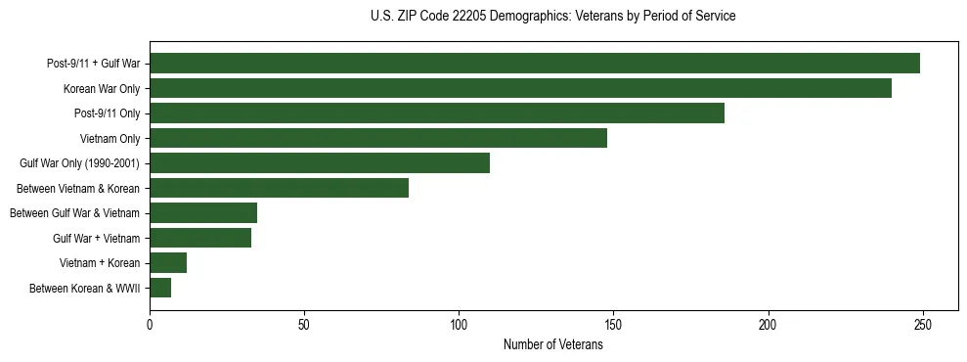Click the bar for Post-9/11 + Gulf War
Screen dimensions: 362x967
[x=535, y=64]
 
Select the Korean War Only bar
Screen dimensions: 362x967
[x=520, y=88]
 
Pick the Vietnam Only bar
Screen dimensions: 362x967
[x=378, y=138]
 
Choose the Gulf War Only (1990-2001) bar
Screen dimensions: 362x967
[x=320, y=163]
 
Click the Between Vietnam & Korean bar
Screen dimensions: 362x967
[x=279, y=188]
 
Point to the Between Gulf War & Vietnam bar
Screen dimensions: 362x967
[x=203, y=213]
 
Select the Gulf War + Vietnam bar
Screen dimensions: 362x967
[x=200, y=238]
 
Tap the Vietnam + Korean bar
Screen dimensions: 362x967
[x=168, y=263]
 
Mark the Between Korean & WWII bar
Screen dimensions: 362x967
[x=160, y=288]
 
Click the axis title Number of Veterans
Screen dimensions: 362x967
[x=553, y=345]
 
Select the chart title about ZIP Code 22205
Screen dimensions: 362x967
[x=553, y=17]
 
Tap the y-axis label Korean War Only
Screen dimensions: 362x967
[x=102, y=89]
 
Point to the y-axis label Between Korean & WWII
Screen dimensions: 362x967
[x=85, y=289]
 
